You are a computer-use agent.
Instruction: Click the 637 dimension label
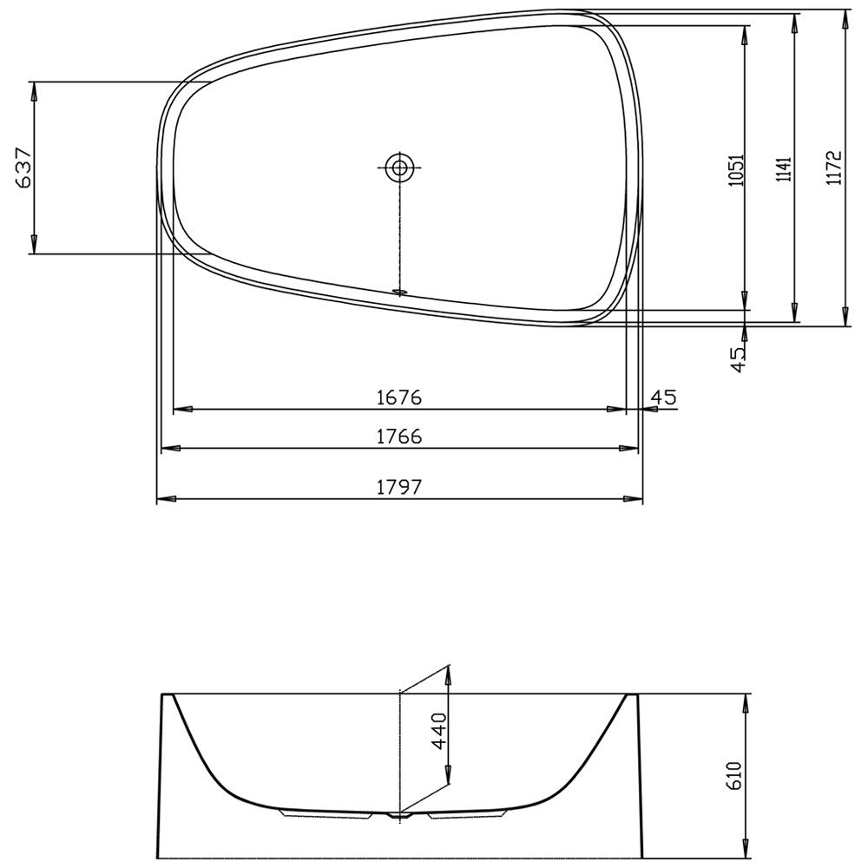24,168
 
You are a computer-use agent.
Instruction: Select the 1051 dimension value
737,170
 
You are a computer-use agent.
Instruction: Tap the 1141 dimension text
784,170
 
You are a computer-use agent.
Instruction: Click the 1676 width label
399,397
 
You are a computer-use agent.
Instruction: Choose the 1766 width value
399,437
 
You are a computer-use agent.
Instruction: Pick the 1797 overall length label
399,487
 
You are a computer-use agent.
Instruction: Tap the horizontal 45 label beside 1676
663,397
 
